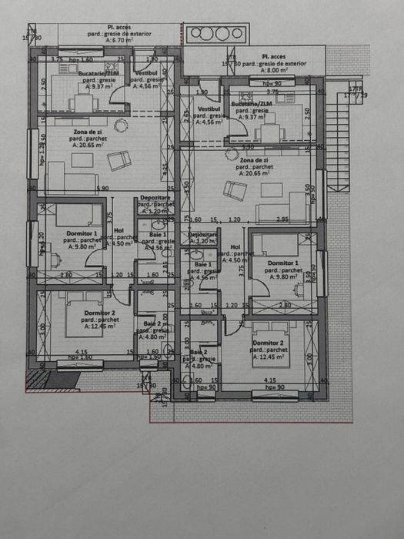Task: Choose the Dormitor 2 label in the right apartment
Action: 267,342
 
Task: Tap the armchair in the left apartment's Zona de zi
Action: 118,161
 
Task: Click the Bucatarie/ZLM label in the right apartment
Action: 250,103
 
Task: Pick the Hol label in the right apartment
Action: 235,247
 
